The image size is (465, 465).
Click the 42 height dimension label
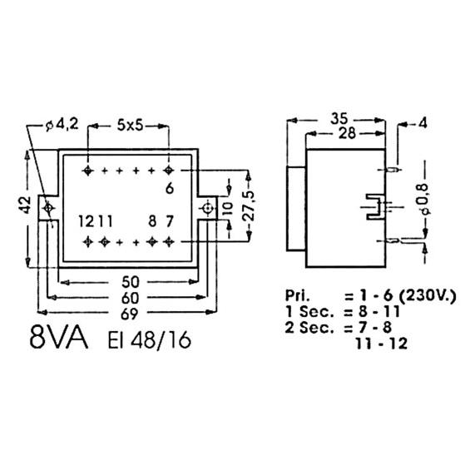click(x=26, y=205)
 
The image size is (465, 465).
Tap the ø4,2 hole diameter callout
click(x=62, y=125)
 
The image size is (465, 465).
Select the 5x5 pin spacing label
click(x=130, y=126)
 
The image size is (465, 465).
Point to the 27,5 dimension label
click(x=249, y=205)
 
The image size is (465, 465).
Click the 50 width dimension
click(x=131, y=282)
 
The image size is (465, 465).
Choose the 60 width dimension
click(x=130, y=298)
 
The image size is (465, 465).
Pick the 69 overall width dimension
click(x=130, y=314)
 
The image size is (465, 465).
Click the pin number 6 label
click(x=170, y=188)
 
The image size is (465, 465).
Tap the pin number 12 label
click(x=87, y=221)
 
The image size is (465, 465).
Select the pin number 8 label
click(x=152, y=221)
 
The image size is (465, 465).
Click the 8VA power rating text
click(x=59, y=339)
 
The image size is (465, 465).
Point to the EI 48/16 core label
click(x=149, y=340)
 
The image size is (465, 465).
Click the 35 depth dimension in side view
click(x=339, y=119)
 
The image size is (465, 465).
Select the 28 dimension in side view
click(x=347, y=133)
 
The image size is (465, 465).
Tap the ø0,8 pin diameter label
click(x=424, y=198)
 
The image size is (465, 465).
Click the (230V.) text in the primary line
click(x=428, y=296)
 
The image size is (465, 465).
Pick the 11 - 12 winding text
click(x=381, y=344)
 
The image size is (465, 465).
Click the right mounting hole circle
click(x=207, y=208)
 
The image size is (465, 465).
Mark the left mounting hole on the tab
click(x=48, y=208)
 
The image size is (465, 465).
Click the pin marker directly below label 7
click(x=169, y=242)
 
